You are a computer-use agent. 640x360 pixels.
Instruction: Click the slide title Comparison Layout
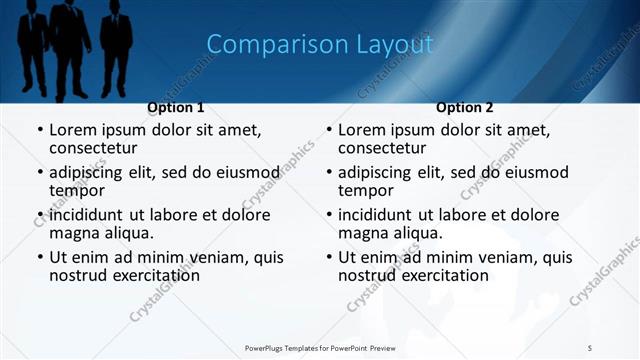[x=319, y=44]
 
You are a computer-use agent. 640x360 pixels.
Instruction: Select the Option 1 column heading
[x=176, y=107]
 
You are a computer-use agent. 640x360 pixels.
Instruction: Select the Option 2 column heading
[x=465, y=107]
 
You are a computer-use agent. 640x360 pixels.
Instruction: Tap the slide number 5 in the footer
[x=590, y=347]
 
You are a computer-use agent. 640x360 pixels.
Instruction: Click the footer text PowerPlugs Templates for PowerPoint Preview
[x=320, y=347]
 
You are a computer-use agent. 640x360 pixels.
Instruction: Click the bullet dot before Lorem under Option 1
[x=40, y=131]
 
